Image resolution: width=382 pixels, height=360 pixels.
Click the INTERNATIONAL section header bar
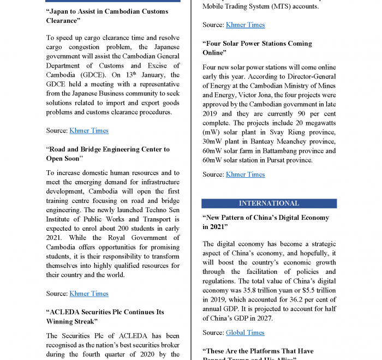tap(269, 203)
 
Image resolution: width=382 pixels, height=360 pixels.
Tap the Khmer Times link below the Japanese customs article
tap(89, 130)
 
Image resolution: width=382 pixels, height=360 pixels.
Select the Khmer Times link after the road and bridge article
tap(89, 293)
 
